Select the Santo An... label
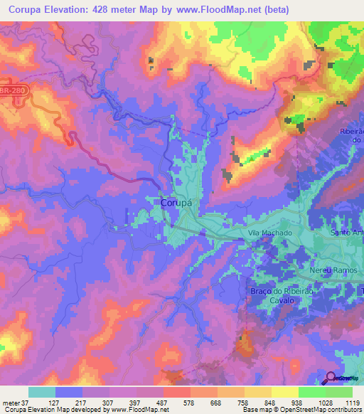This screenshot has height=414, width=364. (347, 233)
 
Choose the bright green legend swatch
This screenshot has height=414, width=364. (311, 392)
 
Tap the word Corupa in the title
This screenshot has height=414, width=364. (26, 9)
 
